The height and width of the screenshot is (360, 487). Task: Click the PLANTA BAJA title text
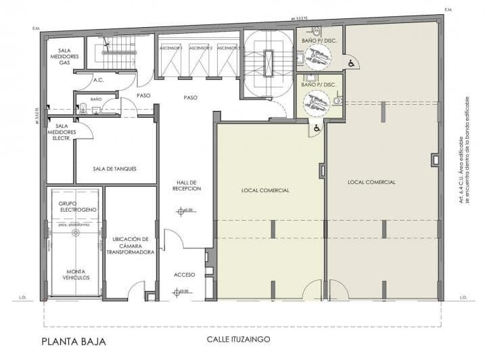coord(73,341)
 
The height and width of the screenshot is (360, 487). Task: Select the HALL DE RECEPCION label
coord(186,185)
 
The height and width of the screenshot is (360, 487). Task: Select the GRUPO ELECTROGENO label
coord(77,206)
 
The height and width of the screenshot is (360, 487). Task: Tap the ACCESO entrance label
coord(184,275)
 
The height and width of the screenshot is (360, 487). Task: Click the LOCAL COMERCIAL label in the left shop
coord(265,190)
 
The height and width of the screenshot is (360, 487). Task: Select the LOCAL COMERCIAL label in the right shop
coord(371,182)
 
